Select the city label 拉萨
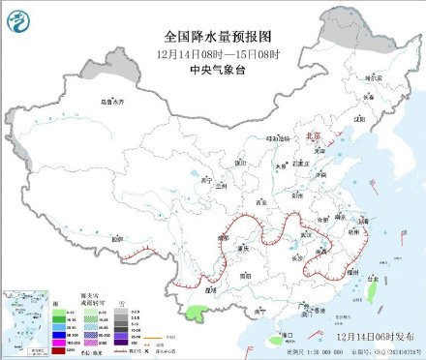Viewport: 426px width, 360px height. point(116,238)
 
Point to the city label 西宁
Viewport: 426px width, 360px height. point(202,180)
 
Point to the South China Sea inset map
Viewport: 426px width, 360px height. point(24,319)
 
